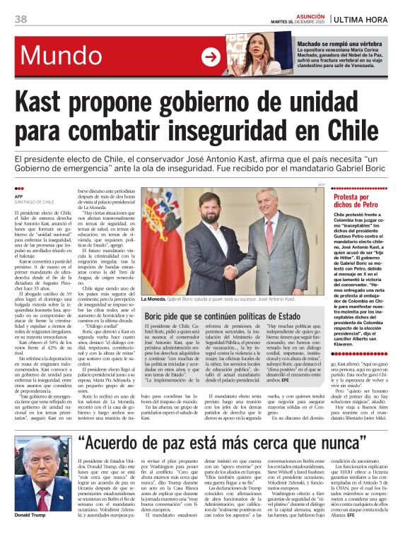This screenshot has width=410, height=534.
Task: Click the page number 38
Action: [x=20, y=18]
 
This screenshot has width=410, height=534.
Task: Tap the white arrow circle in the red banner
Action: [x=211, y=57]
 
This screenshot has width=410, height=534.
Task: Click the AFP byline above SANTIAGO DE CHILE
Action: [x=19, y=186]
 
